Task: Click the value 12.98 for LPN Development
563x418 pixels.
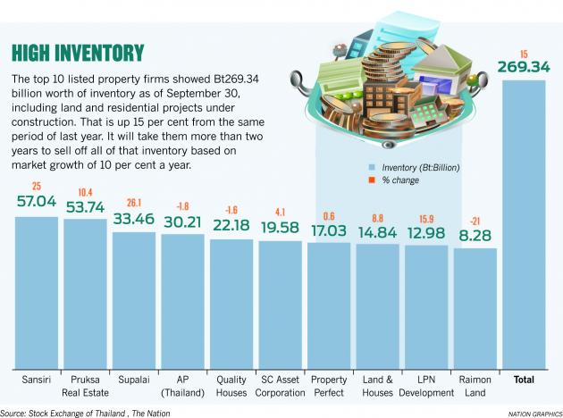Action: [x=424, y=235]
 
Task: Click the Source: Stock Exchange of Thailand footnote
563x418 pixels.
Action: [x=85, y=412]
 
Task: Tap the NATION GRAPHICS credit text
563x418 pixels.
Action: [x=532, y=413]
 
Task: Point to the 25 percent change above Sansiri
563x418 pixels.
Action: [x=37, y=186]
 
